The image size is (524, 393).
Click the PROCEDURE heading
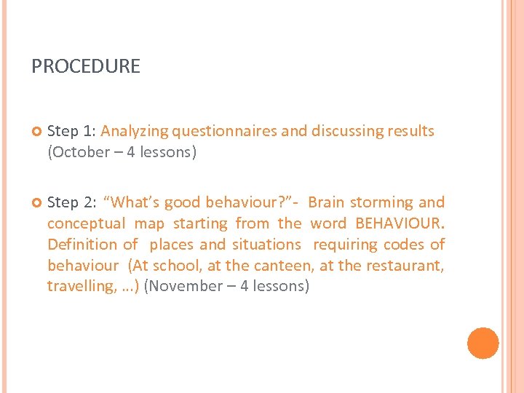point(86,67)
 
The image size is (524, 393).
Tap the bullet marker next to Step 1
point(36,132)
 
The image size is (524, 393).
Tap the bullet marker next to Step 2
point(36,203)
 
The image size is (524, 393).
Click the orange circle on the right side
point(483,344)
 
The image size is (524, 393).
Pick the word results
point(410,132)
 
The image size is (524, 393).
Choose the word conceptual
point(85,223)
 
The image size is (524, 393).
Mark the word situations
point(266,245)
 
